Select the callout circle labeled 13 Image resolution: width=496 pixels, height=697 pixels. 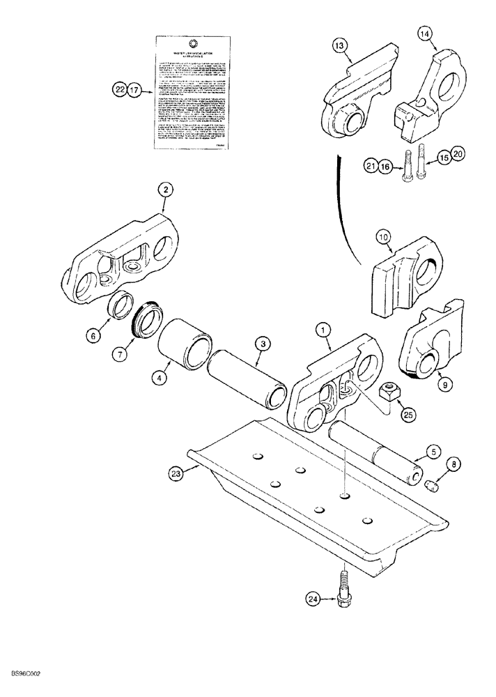click(339, 45)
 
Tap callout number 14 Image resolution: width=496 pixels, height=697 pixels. click(426, 33)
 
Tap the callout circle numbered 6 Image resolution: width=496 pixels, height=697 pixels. click(92, 335)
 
